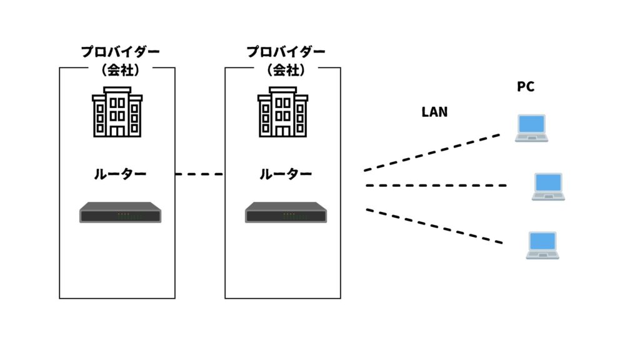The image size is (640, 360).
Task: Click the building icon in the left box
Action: [117, 112]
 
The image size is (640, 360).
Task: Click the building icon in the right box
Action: [283, 112]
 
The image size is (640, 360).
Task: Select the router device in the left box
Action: [121, 212]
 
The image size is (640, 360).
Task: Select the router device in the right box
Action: [286, 212]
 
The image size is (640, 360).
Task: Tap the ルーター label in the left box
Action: [120, 174]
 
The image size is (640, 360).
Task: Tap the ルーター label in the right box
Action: [286, 174]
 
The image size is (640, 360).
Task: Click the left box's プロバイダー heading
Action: [121, 51]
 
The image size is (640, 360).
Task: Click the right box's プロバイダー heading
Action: [286, 51]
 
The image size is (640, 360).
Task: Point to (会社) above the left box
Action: [121, 70]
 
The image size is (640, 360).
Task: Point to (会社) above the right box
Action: [286, 70]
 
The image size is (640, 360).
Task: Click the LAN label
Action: [434, 112]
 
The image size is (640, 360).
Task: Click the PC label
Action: [525, 86]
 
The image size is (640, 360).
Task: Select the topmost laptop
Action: [531, 128]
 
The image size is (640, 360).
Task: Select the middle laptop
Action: [548, 186]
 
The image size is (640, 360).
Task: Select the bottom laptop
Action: [542, 245]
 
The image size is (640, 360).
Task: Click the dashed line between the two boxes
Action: [199, 174]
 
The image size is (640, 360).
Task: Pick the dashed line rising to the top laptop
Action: [432, 152]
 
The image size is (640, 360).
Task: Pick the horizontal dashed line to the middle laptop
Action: [436, 185]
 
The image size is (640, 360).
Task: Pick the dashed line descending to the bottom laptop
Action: [434, 226]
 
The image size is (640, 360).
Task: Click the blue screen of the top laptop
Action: [531, 124]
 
